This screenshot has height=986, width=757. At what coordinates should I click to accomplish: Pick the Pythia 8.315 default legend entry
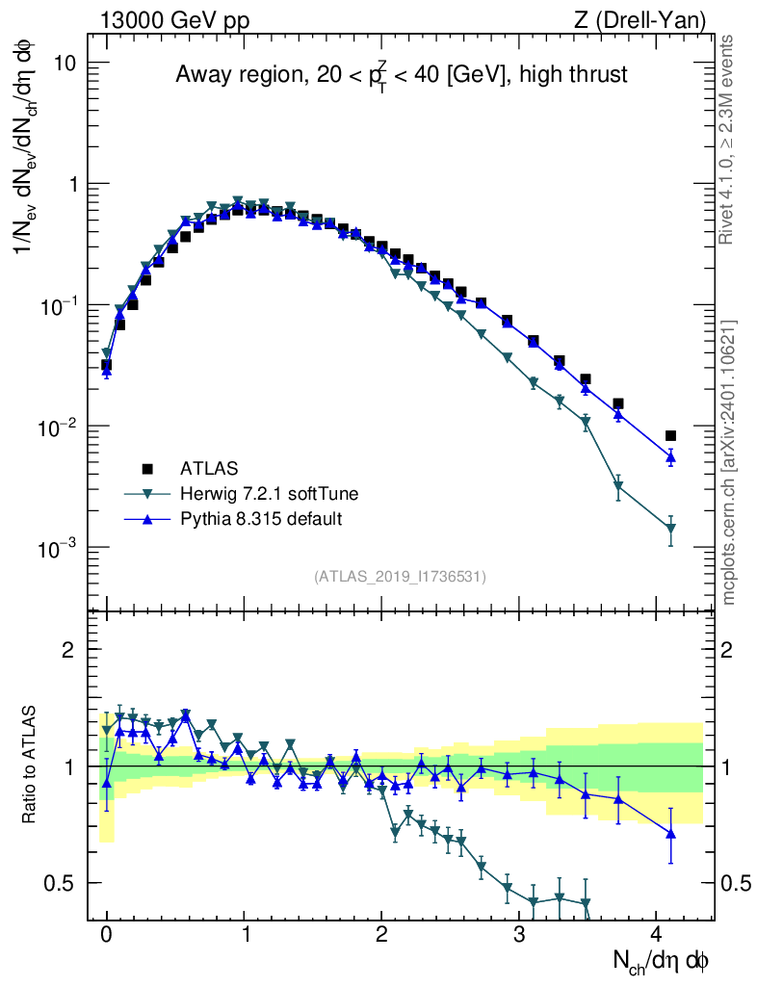261,519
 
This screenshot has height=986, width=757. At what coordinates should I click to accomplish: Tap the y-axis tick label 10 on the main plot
64,63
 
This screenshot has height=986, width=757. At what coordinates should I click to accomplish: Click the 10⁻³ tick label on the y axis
60,548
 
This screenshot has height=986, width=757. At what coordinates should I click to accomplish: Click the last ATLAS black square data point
670,436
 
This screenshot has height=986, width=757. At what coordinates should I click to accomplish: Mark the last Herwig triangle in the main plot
670,529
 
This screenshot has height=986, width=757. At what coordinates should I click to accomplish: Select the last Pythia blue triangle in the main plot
670,457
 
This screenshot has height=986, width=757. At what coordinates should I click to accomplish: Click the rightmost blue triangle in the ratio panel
670,832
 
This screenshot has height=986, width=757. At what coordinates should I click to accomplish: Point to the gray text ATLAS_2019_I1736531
400,577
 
